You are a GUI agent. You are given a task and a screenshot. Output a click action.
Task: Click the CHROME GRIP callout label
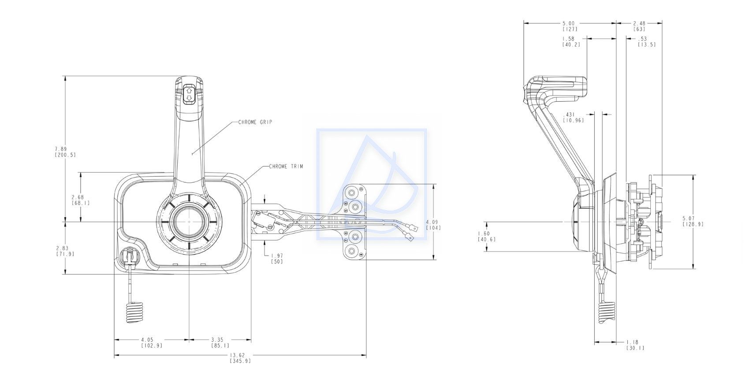tap(255, 122)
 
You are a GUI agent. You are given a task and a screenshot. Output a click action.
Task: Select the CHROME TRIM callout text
tap(286, 166)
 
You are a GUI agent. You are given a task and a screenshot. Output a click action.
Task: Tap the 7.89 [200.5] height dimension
tap(65, 152)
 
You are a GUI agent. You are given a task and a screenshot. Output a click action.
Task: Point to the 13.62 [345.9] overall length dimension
tap(240, 358)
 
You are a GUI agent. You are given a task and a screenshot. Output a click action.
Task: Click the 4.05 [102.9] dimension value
tap(152, 343)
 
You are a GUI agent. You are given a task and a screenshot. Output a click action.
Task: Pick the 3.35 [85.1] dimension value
tap(220, 343)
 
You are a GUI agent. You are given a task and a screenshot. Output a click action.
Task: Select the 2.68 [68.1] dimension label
tap(81, 200)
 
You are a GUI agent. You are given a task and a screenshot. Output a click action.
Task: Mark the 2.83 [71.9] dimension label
tap(65, 251)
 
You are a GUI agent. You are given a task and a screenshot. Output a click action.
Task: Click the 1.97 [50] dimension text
tap(277, 259)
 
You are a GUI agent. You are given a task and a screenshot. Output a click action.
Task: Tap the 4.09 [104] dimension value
tap(433, 225)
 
